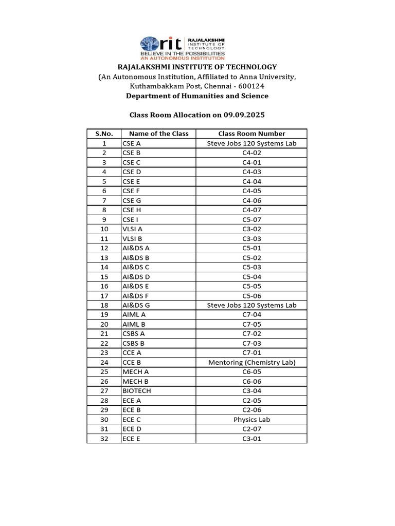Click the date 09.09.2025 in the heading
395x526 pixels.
coord(242,115)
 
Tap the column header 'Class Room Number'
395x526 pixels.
coord(252,134)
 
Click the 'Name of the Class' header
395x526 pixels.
coord(158,134)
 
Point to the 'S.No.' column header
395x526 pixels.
coord(104,134)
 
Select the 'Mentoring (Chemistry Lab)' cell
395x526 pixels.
coord(252,363)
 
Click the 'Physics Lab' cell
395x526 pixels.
coord(252,420)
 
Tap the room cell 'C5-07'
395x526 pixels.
coord(252,219)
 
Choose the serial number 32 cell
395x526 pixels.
coord(104,439)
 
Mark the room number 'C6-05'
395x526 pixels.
coord(252,372)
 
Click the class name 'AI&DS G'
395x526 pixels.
coord(136,305)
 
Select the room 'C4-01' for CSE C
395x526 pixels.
coord(252,162)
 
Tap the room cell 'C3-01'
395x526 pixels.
coord(252,439)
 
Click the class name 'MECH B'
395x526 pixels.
coord(135,381)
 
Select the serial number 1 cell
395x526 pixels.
coord(104,143)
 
